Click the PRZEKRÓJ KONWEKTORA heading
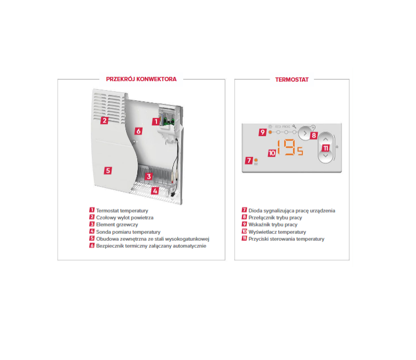(141, 79)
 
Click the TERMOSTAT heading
(292, 80)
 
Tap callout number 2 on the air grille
(104, 120)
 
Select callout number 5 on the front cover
(108, 170)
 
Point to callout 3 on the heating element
(149, 176)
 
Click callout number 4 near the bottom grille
(155, 191)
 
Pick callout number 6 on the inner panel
(138, 131)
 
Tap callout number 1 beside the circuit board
(156, 121)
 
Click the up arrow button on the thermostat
(326, 139)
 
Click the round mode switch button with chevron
(305, 133)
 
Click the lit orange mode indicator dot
(270, 132)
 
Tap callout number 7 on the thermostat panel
(249, 160)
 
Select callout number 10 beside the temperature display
(272, 153)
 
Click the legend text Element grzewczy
(117, 225)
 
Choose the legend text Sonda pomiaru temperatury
(128, 232)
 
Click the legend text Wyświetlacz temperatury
(277, 232)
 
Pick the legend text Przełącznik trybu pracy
(275, 217)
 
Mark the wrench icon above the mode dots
(294, 127)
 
